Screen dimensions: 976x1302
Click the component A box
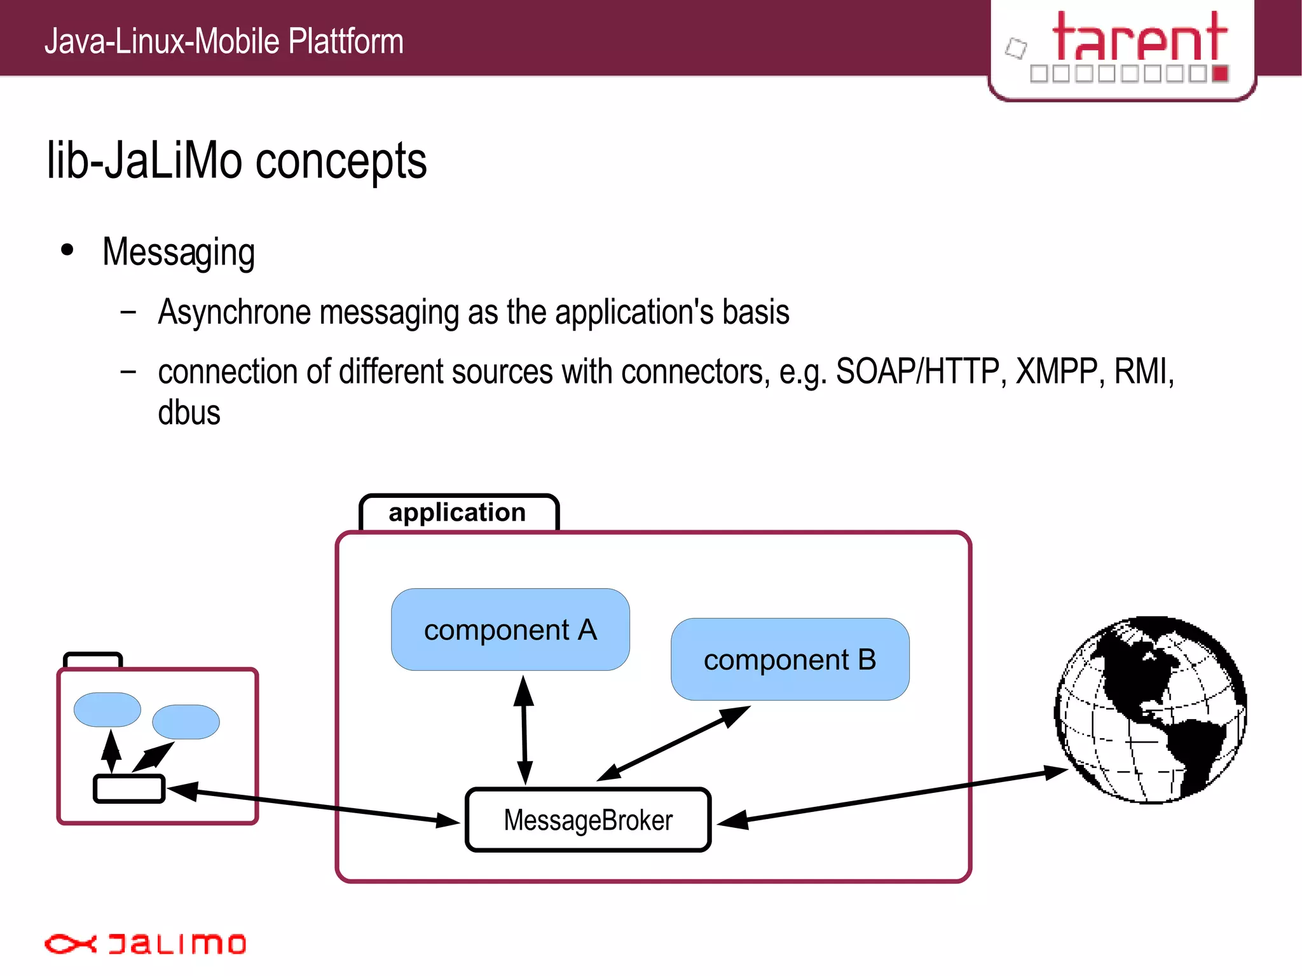click(510, 629)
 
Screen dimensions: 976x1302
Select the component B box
click(790, 659)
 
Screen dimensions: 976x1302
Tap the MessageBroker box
click(588, 820)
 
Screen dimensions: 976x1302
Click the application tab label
click(458, 512)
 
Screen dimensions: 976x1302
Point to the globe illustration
click(1151, 710)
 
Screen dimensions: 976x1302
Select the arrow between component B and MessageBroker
click(674, 743)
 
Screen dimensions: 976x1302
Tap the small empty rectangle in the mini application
click(129, 788)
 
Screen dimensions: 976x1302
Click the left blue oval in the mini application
click(107, 710)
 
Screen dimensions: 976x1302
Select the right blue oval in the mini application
click(186, 722)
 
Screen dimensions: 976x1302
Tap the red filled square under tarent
click(1220, 74)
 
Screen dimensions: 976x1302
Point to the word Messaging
click(179, 252)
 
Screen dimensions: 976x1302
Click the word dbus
click(189, 413)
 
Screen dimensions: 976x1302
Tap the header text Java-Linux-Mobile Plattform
click(224, 41)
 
